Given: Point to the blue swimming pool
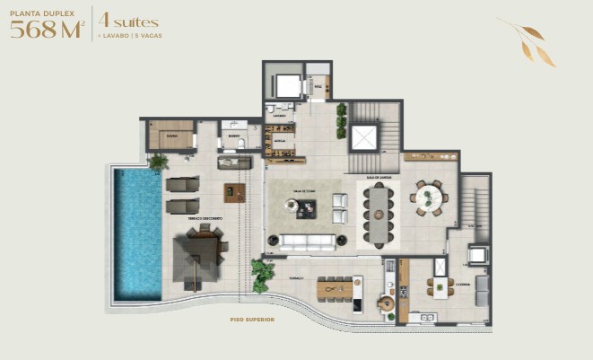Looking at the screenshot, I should (137, 234).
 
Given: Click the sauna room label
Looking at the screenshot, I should (170, 135).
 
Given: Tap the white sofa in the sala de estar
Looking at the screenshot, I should (308, 241).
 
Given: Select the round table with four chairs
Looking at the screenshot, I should (428, 198).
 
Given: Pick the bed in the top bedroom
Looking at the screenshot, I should (287, 85).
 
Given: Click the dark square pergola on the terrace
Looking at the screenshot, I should (204, 259).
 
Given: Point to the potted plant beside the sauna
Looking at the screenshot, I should (159, 162).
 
